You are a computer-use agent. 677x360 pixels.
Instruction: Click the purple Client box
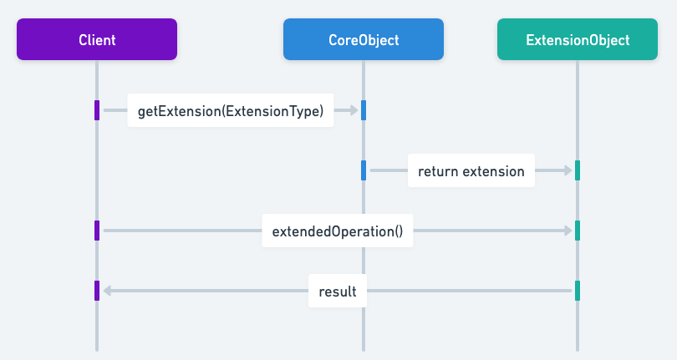coord(97,39)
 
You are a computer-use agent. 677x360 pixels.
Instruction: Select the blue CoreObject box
coord(364,39)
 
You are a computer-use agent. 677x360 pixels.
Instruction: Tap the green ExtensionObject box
coord(578,39)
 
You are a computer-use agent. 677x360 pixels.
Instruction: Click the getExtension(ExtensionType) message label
coord(231,110)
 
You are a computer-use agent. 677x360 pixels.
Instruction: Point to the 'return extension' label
coord(471,170)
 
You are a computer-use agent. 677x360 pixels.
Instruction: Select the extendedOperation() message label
coord(338,231)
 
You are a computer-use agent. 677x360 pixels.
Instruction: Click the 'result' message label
coord(338,291)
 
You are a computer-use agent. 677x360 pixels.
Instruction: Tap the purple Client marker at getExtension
coord(97,110)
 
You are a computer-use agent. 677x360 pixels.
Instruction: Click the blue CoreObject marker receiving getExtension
coord(364,110)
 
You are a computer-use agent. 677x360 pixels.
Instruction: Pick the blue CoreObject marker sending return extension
coord(364,170)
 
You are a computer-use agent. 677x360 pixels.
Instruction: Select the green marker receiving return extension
coord(578,170)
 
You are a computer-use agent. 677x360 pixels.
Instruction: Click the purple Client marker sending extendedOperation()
coord(97,231)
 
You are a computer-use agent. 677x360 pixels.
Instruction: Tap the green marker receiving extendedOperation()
coord(578,231)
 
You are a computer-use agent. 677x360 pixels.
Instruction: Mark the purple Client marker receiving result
coord(97,291)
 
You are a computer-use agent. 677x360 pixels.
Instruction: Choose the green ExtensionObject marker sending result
coord(578,291)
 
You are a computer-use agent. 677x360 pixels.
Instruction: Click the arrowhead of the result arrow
coord(106,291)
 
